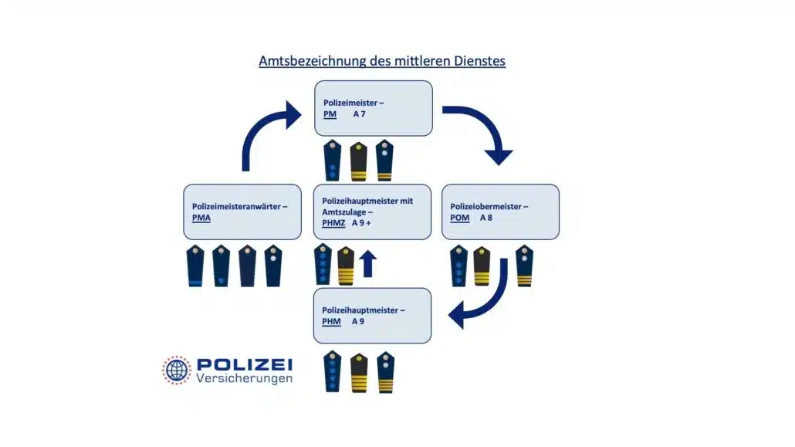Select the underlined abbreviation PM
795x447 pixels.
click(330, 114)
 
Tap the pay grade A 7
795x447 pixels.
click(360, 114)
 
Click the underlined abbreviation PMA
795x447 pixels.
click(201, 218)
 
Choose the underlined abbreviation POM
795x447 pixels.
click(460, 218)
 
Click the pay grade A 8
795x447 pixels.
click(487, 218)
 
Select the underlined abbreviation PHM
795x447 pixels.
click(332, 321)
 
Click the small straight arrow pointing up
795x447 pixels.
click(368, 262)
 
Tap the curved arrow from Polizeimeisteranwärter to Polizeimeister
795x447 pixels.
click(266, 135)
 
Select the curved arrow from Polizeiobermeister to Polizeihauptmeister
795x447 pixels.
click(482, 297)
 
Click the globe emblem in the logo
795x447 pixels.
click(176, 370)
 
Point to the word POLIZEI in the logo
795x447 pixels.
click(244, 364)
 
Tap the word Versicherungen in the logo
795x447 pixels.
click(244, 379)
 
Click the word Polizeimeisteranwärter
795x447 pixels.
click(238, 206)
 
